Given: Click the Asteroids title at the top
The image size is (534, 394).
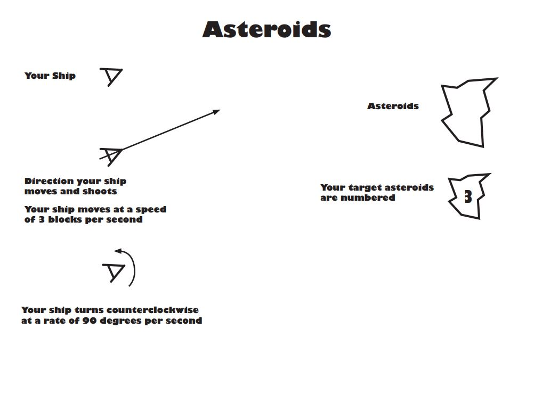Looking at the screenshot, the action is point(266,29).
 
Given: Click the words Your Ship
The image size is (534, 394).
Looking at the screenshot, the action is point(50,76).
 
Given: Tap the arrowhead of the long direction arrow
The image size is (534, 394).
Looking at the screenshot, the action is point(216,111).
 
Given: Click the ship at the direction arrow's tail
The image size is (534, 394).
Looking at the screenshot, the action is point(111,155).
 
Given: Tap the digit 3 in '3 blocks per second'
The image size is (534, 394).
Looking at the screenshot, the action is point(40,219).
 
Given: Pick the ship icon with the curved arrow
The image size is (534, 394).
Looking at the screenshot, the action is point(114,272).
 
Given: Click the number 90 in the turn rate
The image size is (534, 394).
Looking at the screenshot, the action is point(88,321).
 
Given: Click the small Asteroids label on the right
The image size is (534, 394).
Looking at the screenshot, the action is point(393,106).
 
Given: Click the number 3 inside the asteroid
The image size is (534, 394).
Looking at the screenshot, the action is point(468,197).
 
